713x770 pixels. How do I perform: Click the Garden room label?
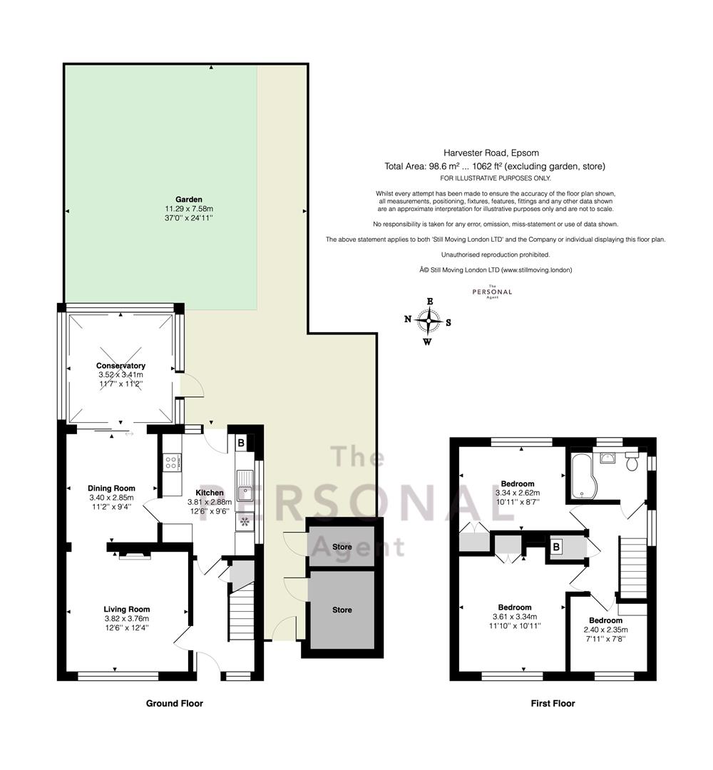pos(189,200)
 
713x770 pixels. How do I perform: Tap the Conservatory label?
pos(120,365)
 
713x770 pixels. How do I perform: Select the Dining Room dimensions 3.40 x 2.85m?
pos(111,498)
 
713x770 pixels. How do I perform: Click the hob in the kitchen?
pos(172,462)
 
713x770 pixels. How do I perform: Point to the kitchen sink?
pos(244,486)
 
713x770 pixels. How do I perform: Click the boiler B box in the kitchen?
pos(241,443)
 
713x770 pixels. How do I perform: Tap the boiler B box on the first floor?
pos(556,546)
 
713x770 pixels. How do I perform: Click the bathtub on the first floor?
pos(583,475)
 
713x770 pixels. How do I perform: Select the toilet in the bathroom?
pos(632,460)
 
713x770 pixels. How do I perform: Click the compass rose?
pos(429,321)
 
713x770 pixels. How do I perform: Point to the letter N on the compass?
pos(408,319)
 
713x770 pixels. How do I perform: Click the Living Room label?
pos(127,610)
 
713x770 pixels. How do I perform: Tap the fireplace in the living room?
pos(133,555)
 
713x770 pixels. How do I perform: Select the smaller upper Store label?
pos(342,547)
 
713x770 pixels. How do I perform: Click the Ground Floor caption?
pos(174,703)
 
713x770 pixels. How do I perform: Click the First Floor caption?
pos(553,703)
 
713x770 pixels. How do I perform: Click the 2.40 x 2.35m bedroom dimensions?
pos(605,630)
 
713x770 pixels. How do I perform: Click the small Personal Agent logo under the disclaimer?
pos(492,292)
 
